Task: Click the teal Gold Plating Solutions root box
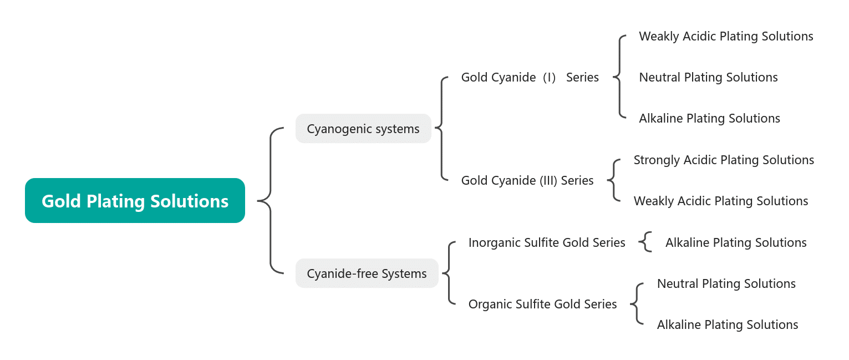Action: [x=135, y=200]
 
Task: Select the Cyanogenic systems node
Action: [x=363, y=129]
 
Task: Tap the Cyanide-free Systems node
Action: [x=367, y=273]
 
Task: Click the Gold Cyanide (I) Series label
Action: [x=530, y=78]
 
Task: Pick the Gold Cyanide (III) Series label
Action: [x=527, y=181]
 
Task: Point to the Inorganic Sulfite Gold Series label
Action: [x=547, y=242]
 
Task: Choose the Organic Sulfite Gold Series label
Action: [x=542, y=304]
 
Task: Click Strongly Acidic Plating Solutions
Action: [x=724, y=160]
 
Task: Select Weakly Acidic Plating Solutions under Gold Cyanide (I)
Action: [x=726, y=37]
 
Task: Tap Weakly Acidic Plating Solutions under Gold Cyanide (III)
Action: [x=721, y=201]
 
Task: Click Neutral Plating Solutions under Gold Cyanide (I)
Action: [x=708, y=78]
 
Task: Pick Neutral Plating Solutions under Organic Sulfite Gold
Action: [x=726, y=284]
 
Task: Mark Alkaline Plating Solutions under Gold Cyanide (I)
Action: [x=709, y=119]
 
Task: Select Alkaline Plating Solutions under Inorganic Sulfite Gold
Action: [x=736, y=242]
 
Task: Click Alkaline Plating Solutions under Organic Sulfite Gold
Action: [x=728, y=325]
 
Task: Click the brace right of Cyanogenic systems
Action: [x=441, y=129]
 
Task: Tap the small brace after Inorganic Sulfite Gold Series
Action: [x=645, y=242]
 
